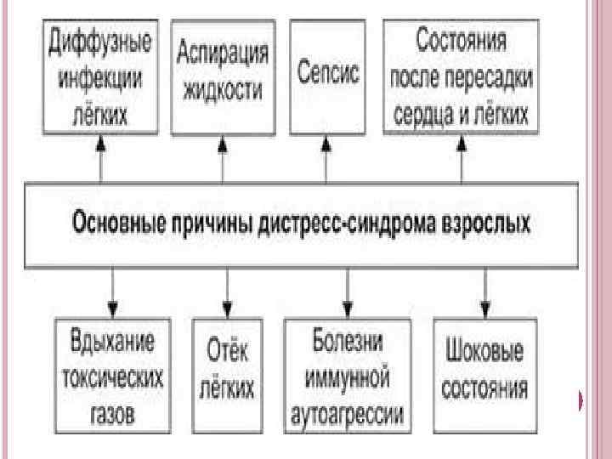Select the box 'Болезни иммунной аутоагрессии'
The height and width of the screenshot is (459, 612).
(x=347, y=376)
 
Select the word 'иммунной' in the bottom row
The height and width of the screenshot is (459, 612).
(x=348, y=377)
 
